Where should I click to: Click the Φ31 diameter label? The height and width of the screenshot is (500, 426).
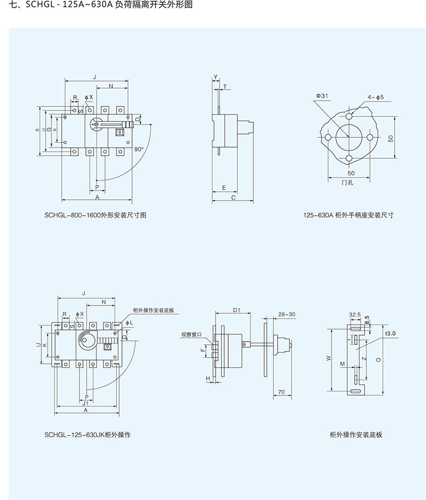pyautogui.click(x=322, y=96)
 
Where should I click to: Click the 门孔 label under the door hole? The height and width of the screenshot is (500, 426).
pyautogui.click(x=347, y=183)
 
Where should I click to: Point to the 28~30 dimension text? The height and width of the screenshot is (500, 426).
pyautogui.click(x=286, y=314)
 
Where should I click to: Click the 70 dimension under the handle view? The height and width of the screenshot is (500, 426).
pyautogui.click(x=281, y=391)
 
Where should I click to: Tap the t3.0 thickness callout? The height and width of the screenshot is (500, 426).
pyautogui.click(x=390, y=333)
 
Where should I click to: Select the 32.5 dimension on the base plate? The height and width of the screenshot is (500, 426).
pyautogui.click(x=354, y=315)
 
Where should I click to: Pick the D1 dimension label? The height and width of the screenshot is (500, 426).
pyautogui.click(x=236, y=310)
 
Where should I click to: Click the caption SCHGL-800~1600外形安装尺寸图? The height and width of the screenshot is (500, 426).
pyautogui.click(x=96, y=215)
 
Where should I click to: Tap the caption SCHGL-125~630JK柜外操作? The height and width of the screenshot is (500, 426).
pyautogui.click(x=88, y=434)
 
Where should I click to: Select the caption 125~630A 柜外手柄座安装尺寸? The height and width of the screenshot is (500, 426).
pyautogui.click(x=348, y=215)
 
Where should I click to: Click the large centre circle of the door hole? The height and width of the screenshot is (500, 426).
pyautogui.click(x=348, y=137)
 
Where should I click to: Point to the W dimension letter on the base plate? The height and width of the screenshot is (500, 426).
pyautogui.click(x=329, y=358)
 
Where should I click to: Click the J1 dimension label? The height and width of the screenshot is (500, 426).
pyautogui.click(x=85, y=403)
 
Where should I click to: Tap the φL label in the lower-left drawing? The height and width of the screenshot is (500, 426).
pyautogui.click(x=130, y=323)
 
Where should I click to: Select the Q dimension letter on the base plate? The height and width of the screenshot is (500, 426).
pyautogui.click(x=378, y=360)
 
